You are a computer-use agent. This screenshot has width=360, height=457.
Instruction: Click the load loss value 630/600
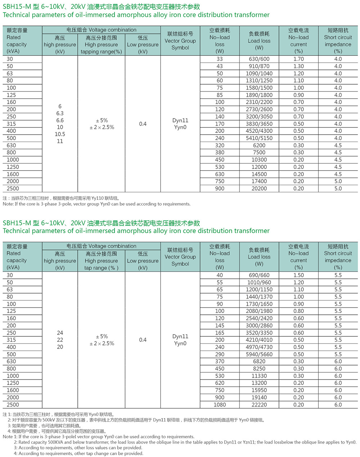[x=259, y=59]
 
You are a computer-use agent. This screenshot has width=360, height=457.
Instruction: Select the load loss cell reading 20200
[x=259, y=188]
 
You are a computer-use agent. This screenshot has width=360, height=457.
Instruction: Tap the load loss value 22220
[x=259, y=404]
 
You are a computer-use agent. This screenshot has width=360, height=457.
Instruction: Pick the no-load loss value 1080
[x=220, y=404]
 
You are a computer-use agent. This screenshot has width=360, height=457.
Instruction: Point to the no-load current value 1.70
[x=298, y=59]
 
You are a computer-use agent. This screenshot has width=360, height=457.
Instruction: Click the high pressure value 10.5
[x=60, y=134]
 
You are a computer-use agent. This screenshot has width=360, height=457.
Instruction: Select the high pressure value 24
[x=60, y=333]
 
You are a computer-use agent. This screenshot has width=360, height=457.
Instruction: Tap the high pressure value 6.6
[x=60, y=120]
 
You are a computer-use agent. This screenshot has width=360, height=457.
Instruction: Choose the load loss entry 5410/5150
[x=259, y=138]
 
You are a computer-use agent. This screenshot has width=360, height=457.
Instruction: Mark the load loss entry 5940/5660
[x=259, y=354]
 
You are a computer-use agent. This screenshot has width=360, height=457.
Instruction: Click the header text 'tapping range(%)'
[x=101, y=51]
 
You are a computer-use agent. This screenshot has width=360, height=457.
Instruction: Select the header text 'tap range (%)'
[x=101, y=268]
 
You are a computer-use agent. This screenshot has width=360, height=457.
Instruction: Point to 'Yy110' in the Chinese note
[x=86, y=198]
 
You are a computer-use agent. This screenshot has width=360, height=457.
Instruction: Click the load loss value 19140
[x=259, y=397]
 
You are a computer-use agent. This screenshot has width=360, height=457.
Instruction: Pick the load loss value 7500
[x=259, y=152]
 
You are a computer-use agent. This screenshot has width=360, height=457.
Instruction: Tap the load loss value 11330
[x=259, y=376]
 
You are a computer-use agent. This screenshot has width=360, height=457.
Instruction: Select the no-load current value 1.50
[x=298, y=275]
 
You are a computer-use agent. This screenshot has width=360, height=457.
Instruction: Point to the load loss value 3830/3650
[x=259, y=124]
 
